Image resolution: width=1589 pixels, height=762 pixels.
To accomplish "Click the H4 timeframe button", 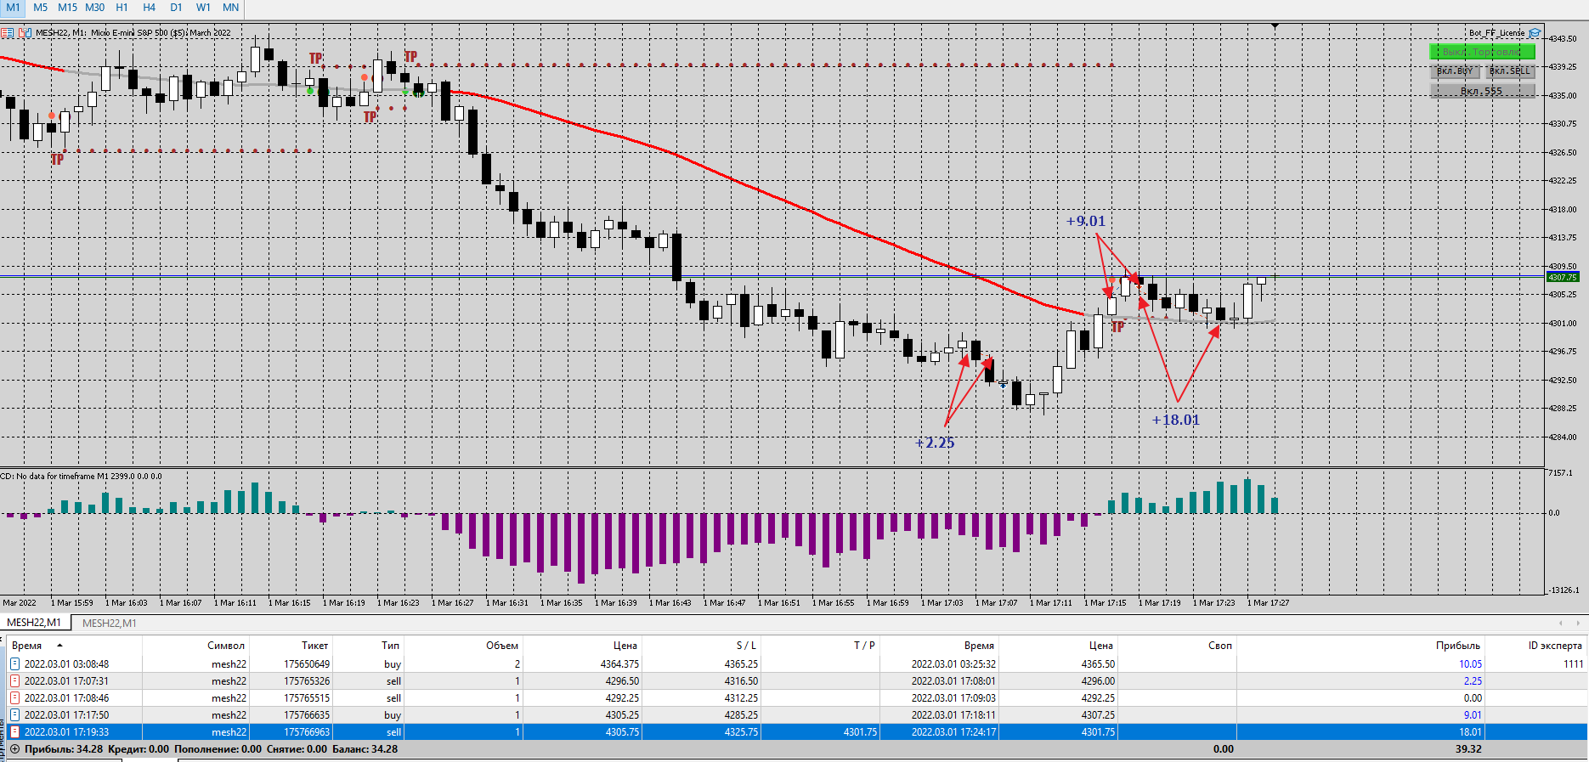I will (149, 8).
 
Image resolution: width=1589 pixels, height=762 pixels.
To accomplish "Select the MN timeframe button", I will (230, 8).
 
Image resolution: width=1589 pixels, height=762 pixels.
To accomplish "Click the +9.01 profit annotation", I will (1086, 222).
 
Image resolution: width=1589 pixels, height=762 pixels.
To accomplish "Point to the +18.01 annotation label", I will (1176, 420).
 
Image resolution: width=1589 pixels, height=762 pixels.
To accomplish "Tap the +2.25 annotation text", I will (935, 443).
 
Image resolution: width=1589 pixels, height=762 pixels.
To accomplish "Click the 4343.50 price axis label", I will (1563, 38).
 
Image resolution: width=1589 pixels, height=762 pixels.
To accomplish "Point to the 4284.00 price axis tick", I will (1563, 437).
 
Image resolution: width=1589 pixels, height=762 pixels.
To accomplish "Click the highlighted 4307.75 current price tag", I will (1562, 277).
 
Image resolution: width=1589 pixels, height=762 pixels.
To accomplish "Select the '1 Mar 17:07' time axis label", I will (996, 603).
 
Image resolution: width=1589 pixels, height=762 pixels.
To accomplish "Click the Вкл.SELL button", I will (1510, 71).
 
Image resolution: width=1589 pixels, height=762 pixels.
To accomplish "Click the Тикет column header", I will (314, 646).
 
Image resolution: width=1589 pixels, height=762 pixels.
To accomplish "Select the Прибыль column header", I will (1457, 646).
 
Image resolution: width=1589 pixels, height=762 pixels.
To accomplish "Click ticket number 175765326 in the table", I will (307, 681).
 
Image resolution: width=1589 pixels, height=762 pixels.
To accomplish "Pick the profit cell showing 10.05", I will (1470, 664).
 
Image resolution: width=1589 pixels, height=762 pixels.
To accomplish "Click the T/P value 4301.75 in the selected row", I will (860, 732).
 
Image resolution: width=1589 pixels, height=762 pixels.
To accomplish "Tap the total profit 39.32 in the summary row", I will (1468, 749).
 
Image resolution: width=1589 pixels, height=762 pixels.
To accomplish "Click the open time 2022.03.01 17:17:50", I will (66, 715).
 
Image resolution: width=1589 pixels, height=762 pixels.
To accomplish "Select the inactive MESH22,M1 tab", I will (109, 624).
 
